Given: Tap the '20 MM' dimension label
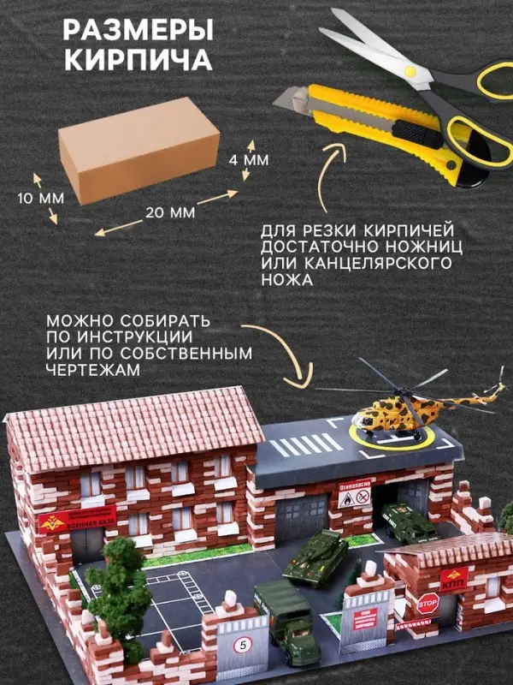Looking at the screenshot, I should coord(169,211).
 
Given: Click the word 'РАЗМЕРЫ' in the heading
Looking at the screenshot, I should coord(139,33).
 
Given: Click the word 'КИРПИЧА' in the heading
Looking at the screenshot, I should coord(139,62).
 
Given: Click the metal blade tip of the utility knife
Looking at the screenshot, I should coord(286,99).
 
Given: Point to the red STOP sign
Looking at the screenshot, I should coord(427,605).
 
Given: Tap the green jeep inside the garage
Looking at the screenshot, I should coord(399,521).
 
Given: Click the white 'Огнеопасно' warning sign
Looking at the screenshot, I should coord(356,497).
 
